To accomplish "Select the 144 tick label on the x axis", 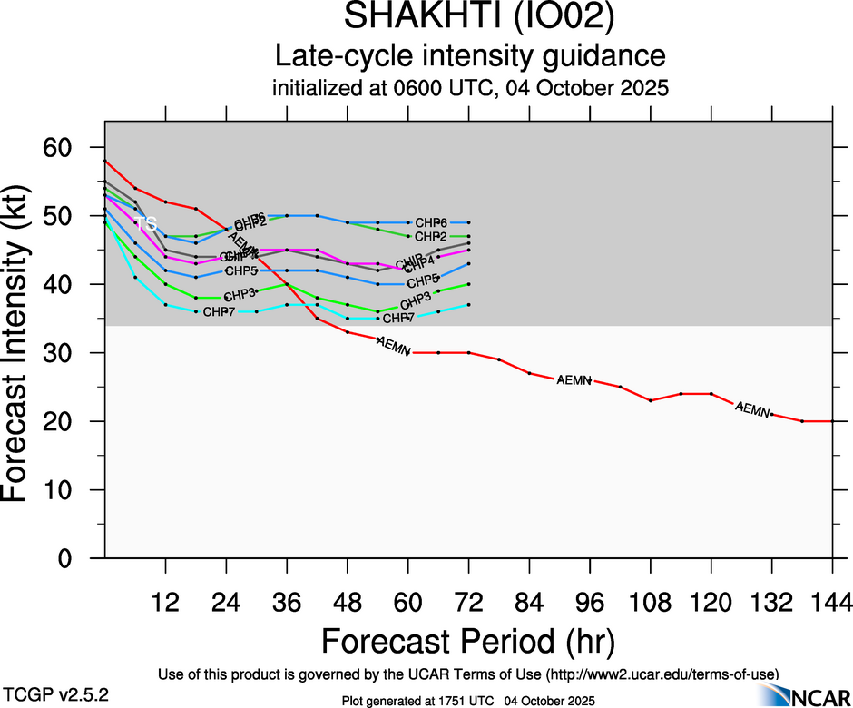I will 832,602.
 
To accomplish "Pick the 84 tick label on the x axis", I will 529,602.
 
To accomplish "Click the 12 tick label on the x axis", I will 165,602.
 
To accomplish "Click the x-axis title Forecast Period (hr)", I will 468,641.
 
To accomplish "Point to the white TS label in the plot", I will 148,223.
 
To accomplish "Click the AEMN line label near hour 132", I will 752,409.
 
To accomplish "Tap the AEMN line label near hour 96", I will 574,379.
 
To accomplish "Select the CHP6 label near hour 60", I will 431,222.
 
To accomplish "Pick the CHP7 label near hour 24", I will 221,312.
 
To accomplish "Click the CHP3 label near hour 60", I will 416,300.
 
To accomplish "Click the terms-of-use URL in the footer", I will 662,674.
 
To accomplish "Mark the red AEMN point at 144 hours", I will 832,421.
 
